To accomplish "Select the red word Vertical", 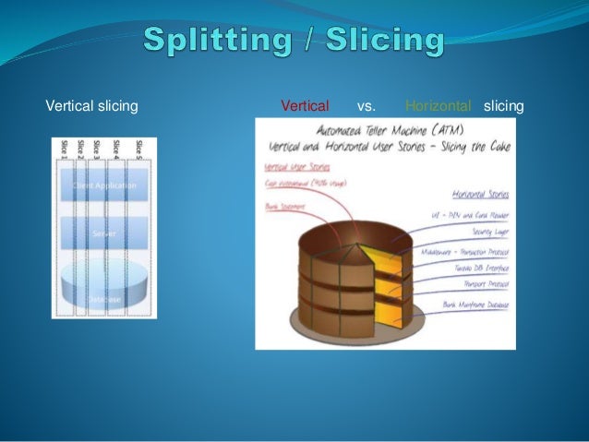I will [x=304, y=106].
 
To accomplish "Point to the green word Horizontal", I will [x=439, y=106].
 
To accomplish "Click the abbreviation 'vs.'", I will [x=366, y=106].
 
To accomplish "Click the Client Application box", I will [x=103, y=185].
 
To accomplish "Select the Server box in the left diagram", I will [x=103, y=234].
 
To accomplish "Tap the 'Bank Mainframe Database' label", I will [x=477, y=304].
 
